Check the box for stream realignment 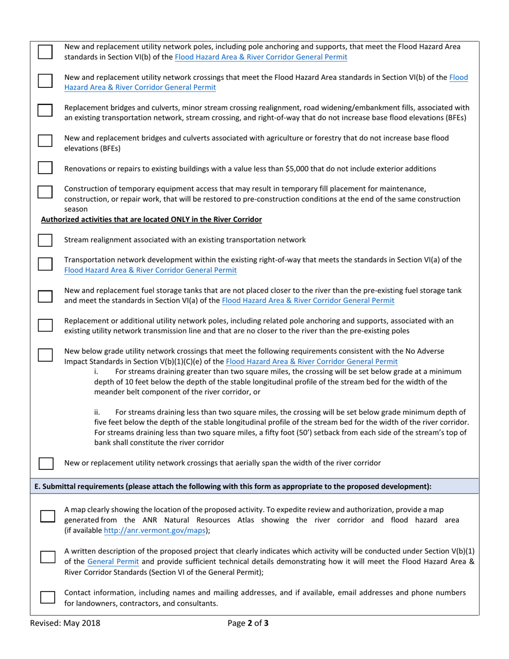tap(45, 240)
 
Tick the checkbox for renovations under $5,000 tap(45, 168)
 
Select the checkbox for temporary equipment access tap(45, 192)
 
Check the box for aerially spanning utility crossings tap(46, 463)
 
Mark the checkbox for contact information tap(48, 597)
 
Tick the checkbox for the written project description tap(48, 557)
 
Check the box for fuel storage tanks tap(45, 296)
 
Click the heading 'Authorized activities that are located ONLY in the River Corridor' tap(152, 219)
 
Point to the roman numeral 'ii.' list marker tap(98, 413)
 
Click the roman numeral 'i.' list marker tap(95, 371)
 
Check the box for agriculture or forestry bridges tap(45, 141)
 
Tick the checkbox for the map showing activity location tap(48, 516)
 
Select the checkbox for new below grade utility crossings tap(45, 354)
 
